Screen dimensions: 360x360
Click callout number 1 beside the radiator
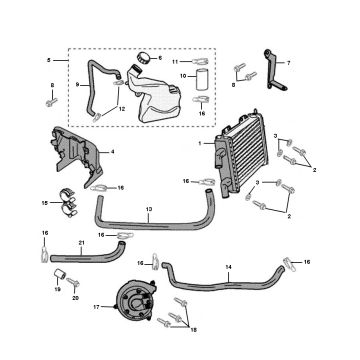[x=200, y=144]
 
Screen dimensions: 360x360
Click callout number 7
[x=289, y=63]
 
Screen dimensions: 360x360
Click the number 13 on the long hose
[x=148, y=211]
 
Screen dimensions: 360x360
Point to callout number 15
[x=44, y=202]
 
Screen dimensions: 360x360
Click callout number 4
[x=112, y=152]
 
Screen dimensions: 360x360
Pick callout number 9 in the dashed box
[x=77, y=84]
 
